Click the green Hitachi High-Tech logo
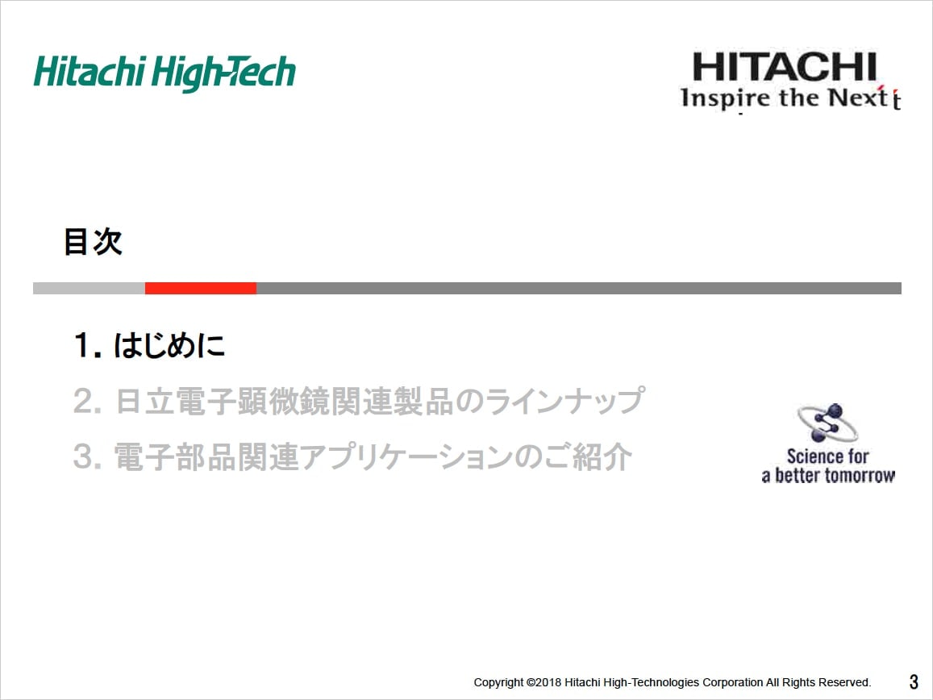(x=165, y=73)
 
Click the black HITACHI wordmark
(x=785, y=67)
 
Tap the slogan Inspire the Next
(x=790, y=98)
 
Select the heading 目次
(x=93, y=242)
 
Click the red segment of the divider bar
(x=201, y=289)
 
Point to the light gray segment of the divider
(x=89, y=289)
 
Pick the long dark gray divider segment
(x=579, y=289)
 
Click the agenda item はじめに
(x=169, y=345)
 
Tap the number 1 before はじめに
(x=83, y=346)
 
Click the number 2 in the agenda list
(x=84, y=401)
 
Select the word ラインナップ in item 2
(x=564, y=400)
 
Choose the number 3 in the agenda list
(x=84, y=457)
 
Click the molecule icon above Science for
(x=827, y=422)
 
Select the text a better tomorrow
(x=828, y=476)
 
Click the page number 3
(x=914, y=681)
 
